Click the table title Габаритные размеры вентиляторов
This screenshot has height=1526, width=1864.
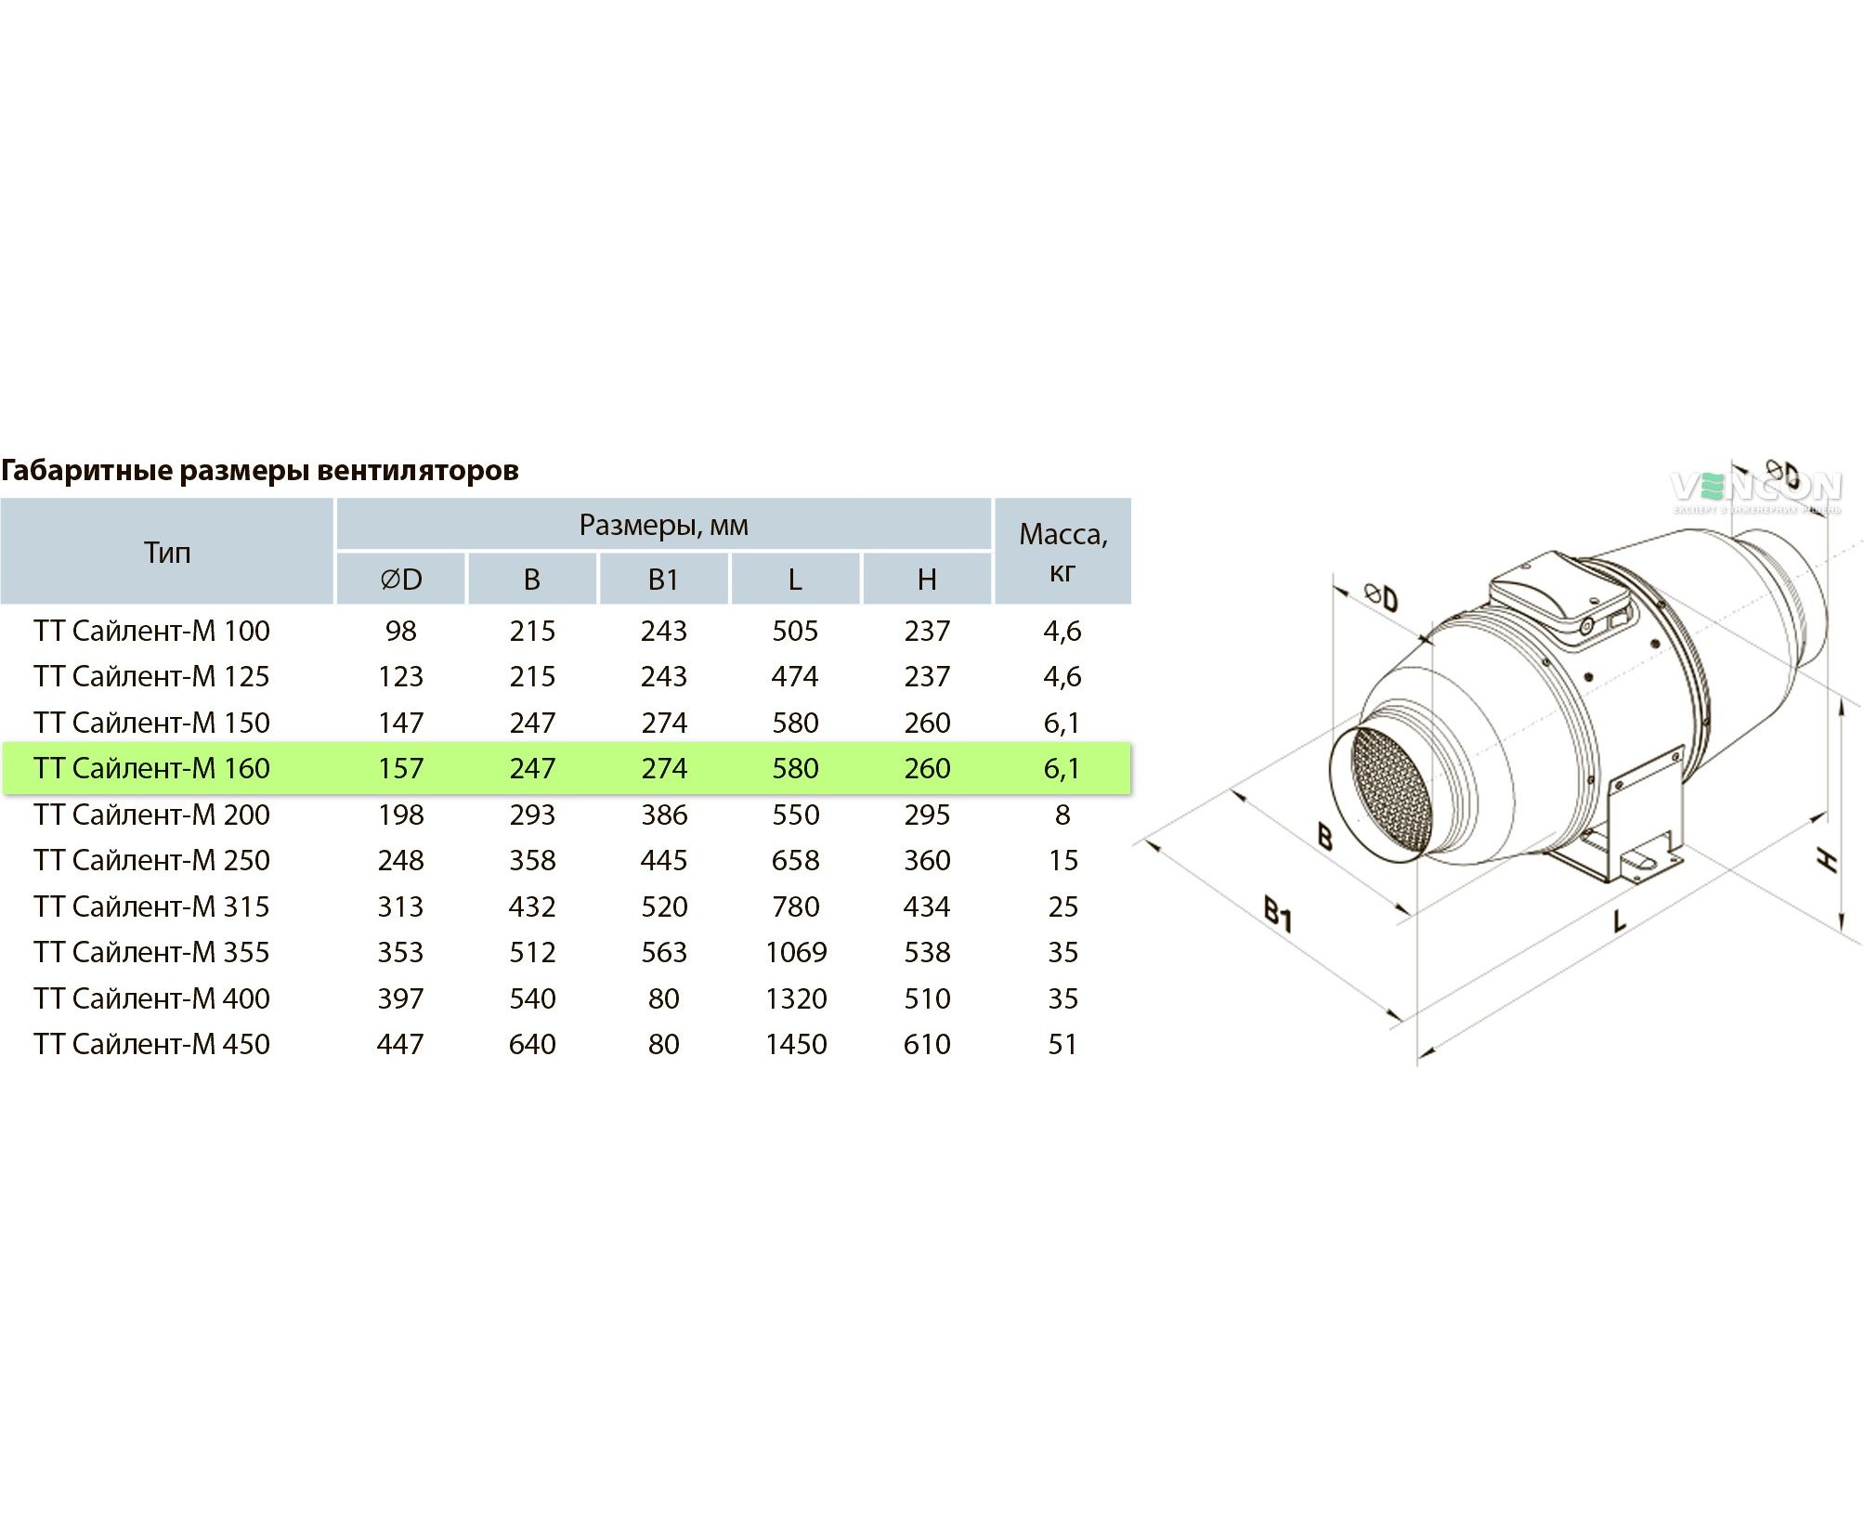point(259,471)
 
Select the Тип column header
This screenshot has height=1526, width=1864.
point(167,553)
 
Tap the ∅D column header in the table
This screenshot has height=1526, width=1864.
point(401,580)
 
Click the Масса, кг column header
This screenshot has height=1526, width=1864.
point(1063,552)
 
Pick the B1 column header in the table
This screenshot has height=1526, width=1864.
point(663,580)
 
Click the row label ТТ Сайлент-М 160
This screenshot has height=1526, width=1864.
point(151,768)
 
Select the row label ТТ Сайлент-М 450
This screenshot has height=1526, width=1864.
point(151,1044)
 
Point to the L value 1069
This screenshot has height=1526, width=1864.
point(796,952)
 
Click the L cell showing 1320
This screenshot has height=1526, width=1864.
point(796,998)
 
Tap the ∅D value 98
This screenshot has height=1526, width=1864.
point(401,631)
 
